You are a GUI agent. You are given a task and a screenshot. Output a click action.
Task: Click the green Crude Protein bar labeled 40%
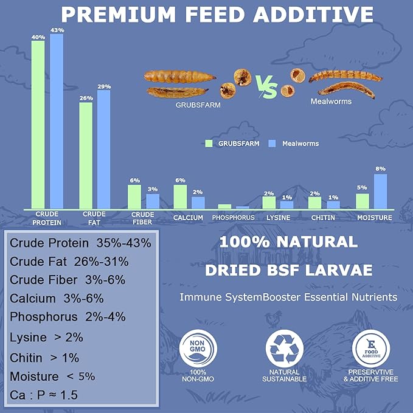38,125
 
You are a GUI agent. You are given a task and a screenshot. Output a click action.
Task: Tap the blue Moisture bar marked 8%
380,192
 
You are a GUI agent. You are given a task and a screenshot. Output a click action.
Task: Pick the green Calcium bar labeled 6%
180,197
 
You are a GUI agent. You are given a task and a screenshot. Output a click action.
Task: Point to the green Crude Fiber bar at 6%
134,197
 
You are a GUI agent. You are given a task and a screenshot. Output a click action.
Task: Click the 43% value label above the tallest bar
57,29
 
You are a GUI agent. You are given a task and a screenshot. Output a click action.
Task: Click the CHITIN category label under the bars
323,217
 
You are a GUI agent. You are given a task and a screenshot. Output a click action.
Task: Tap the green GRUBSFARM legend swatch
209,144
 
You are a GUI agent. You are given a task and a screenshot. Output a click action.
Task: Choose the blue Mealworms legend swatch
272,144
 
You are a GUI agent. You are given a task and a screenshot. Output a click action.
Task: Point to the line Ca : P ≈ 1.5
43,395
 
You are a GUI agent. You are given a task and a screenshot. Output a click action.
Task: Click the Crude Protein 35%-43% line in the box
81,243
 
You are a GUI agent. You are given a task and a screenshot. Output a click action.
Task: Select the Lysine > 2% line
47,336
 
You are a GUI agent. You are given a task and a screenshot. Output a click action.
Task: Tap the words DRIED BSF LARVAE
288,269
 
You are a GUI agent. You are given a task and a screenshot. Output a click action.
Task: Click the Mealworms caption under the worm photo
331,102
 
